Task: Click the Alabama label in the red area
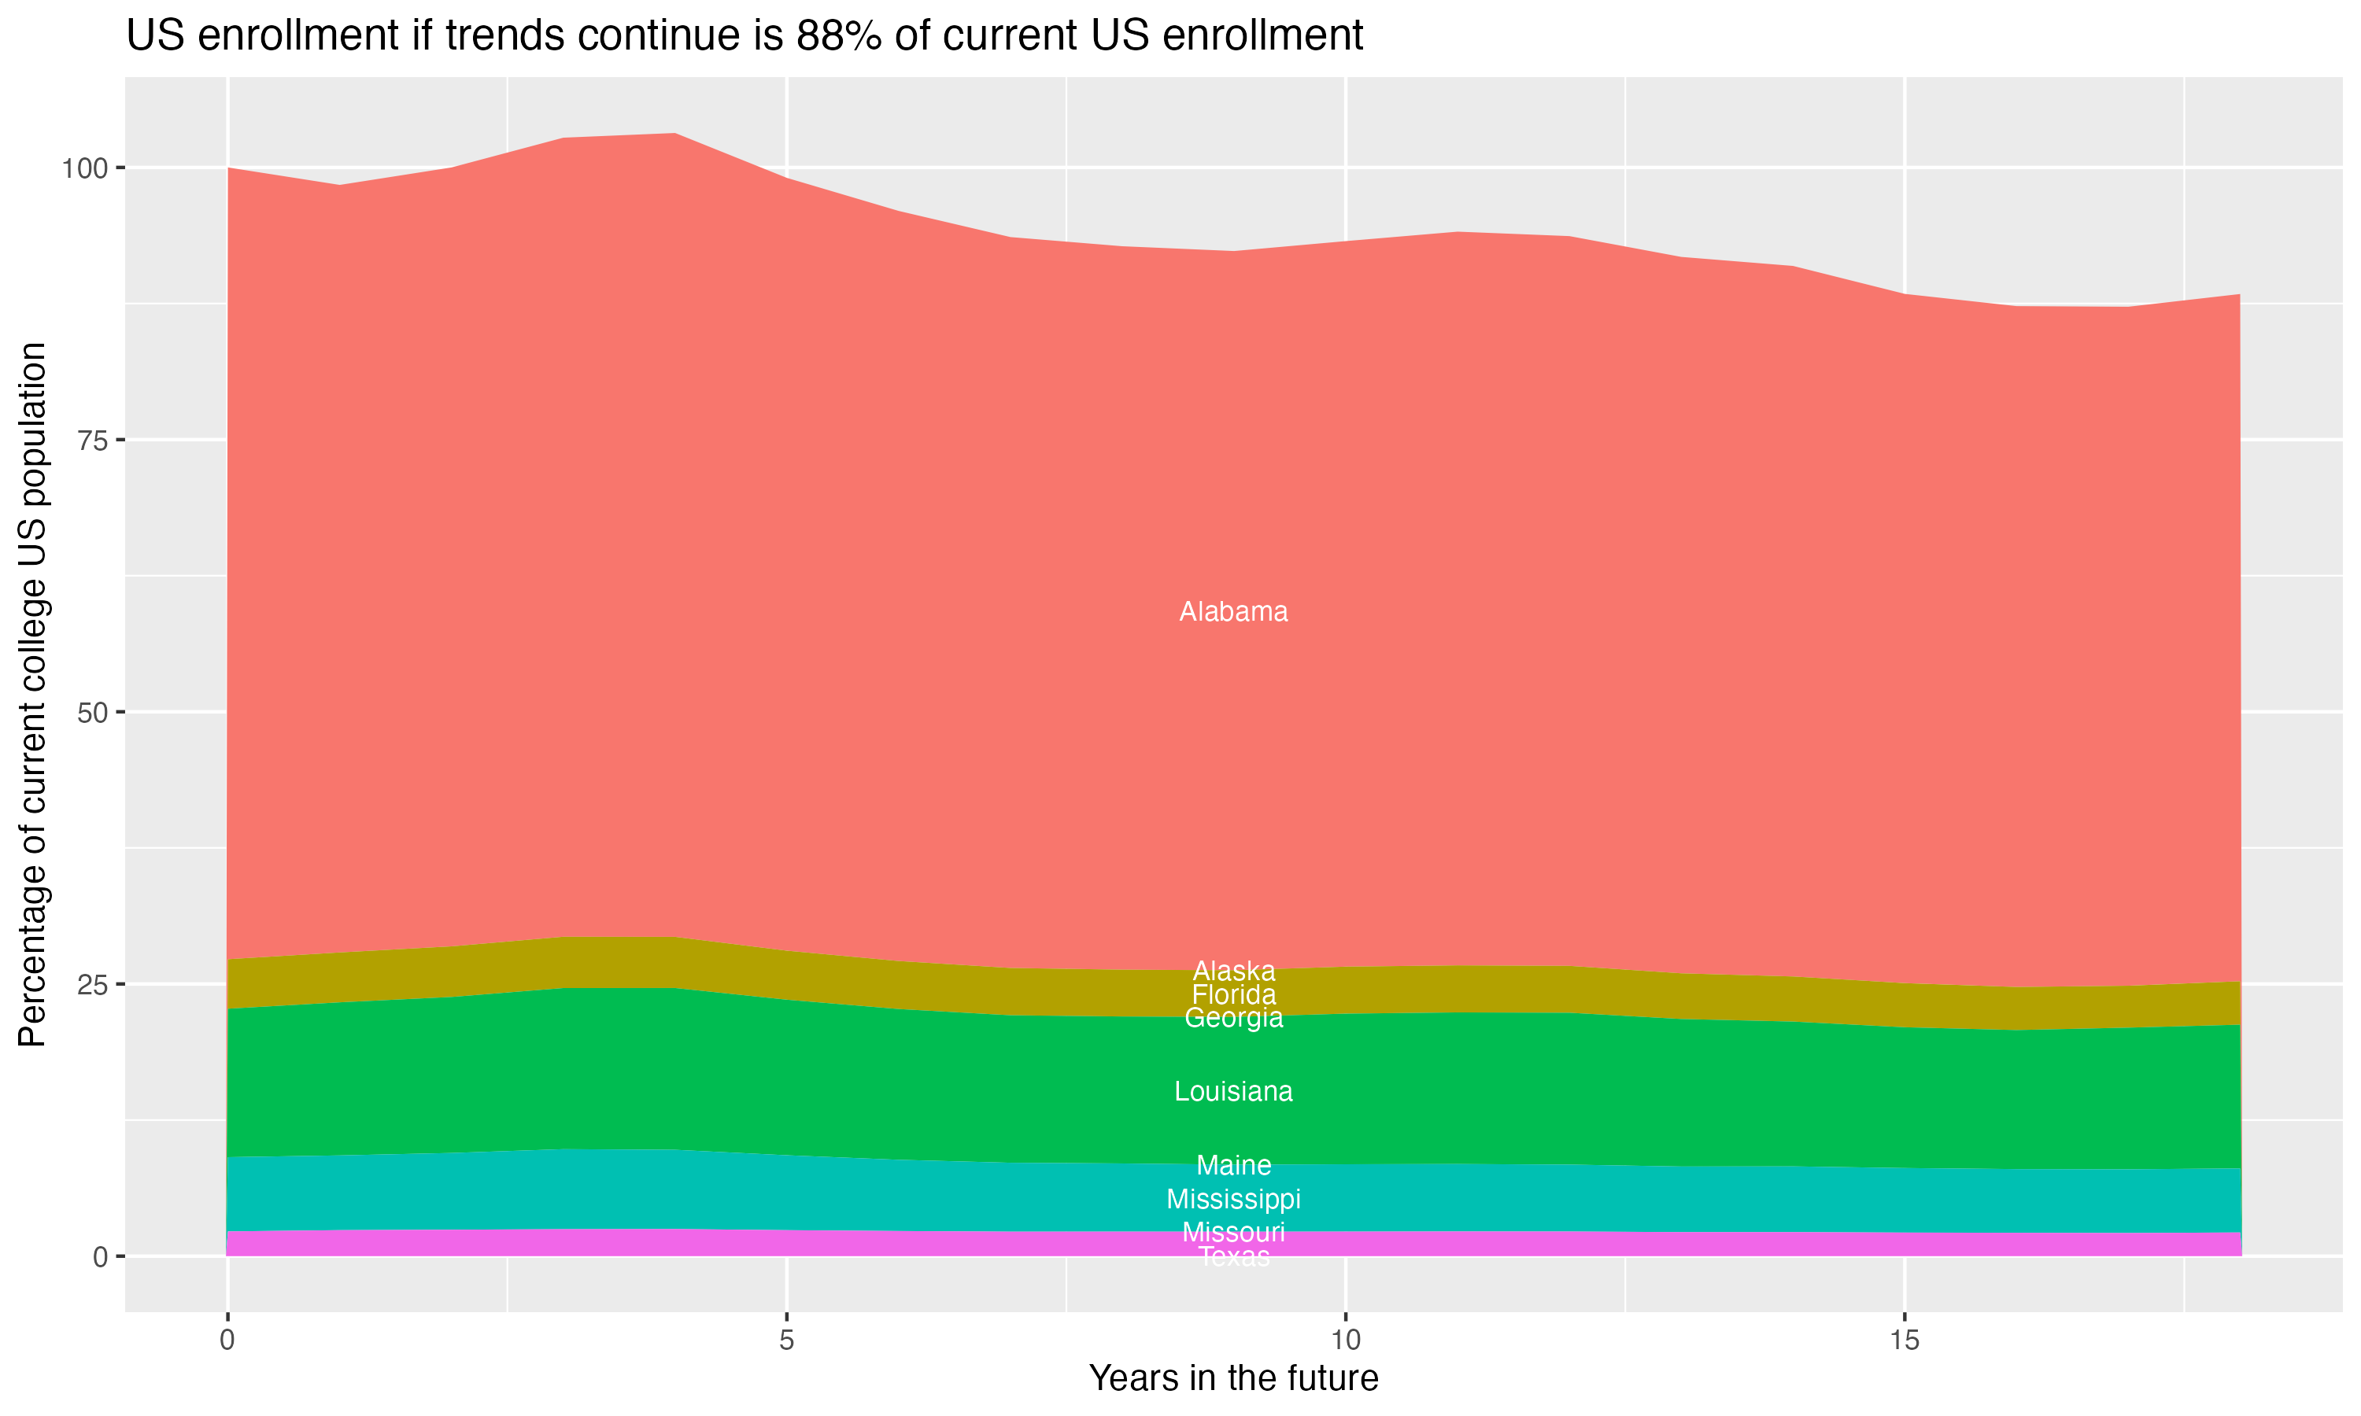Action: pyautogui.click(x=1233, y=611)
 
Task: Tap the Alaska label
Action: pyautogui.click(x=1233, y=972)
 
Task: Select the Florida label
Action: pyautogui.click(x=1233, y=994)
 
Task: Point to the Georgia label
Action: pyautogui.click(x=1233, y=1018)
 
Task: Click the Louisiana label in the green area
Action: pyautogui.click(x=1233, y=1092)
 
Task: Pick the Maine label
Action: pyautogui.click(x=1233, y=1165)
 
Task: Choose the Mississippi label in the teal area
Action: pyautogui.click(x=1233, y=1200)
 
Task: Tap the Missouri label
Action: pyautogui.click(x=1233, y=1232)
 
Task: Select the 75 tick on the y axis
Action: pyautogui.click(x=91, y=440)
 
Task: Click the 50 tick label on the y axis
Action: pyautogui.click(x=91, y=712)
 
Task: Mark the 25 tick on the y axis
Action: pyautogui.click(x=91, y=984)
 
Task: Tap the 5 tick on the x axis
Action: pyautogui.click(x=786, y=1340)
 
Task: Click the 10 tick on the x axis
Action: pyautogui.click(x=1345, y=1340)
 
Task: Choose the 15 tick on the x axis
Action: pyautogui.click(x=1904, y=1340)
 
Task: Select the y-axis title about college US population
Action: pyautogui.click(x=32, y=694)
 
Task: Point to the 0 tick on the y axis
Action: pyautogui.click(x=100, y=1256)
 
